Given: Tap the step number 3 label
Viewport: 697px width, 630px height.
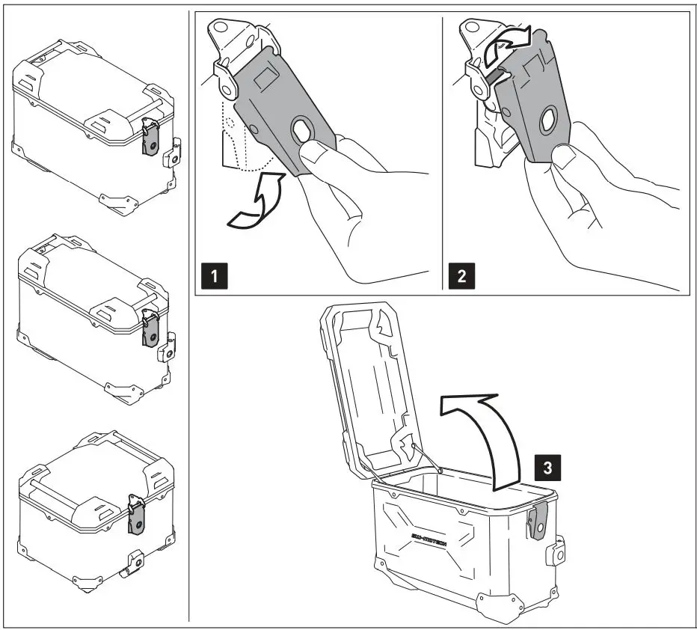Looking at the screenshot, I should (x=547, y=468).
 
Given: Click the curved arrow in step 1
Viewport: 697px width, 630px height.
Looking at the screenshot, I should (x=253, y=204).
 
